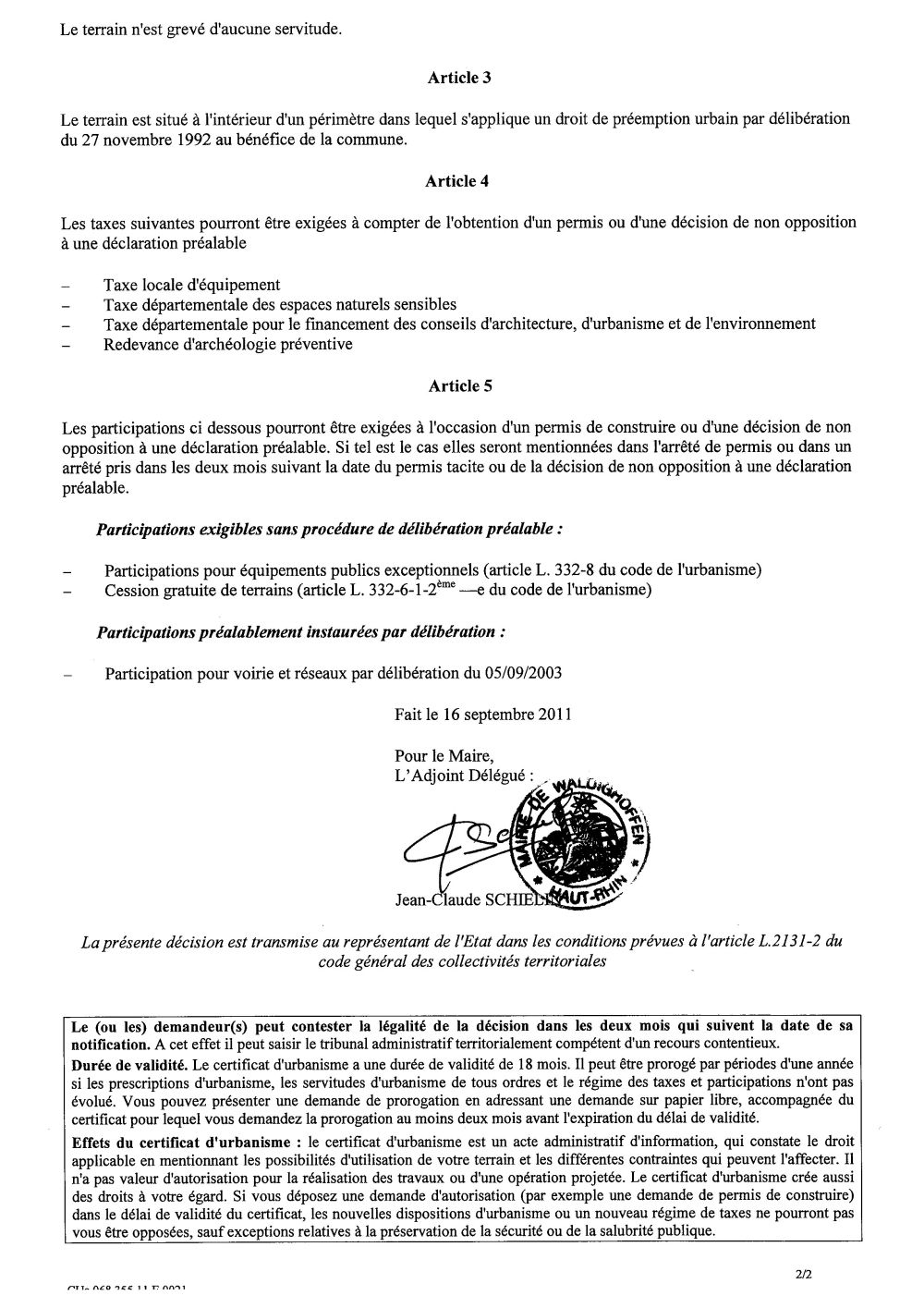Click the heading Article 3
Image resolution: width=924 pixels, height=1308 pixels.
click(x=458, y=78)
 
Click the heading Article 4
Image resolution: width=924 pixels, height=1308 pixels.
click(x=456, y=181)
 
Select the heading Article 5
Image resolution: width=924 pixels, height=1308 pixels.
click(x=459, y=385)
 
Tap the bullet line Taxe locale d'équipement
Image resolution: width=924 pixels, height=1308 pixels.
click(x=192, y=285)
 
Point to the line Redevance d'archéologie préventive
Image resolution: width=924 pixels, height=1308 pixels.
click(x=228, y=344)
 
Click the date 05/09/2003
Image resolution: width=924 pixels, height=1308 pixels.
click(x=522, y=673)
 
